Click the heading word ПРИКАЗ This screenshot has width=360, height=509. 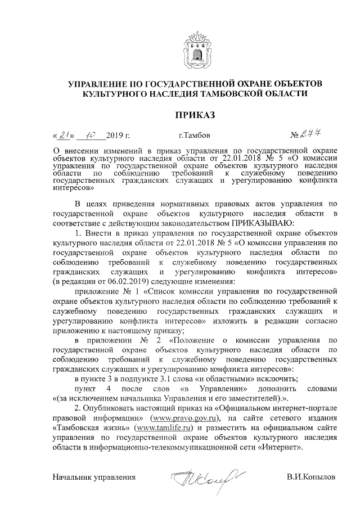pos(195,115)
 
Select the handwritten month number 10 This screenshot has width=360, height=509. pos(91,135)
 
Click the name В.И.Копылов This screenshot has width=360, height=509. pos(310,477)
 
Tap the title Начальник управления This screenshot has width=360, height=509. pos(94,477)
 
